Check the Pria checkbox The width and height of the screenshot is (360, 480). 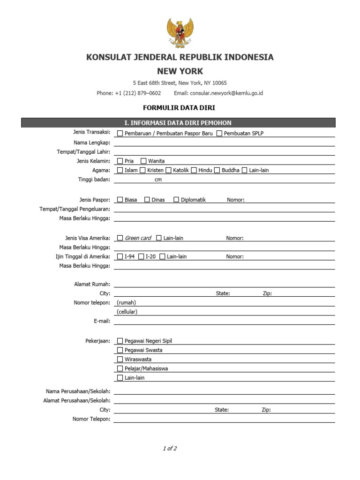120,161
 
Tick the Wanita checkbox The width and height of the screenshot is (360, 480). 144,161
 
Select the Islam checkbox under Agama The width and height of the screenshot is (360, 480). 120,170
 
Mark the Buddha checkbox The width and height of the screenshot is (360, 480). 217,170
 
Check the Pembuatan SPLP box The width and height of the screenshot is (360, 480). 219,133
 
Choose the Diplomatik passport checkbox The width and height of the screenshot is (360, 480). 176,200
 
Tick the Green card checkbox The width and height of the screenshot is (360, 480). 120,238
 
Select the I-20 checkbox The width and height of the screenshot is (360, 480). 141,256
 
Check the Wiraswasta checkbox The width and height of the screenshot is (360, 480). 120,359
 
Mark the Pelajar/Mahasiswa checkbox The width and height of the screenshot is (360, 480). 120,368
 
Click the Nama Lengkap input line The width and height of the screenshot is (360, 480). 224,142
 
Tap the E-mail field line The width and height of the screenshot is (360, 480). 224,321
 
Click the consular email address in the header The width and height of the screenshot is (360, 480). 225,93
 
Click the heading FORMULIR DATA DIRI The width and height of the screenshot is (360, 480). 180,108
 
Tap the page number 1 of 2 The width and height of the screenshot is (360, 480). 170,449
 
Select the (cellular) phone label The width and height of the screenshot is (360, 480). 127,312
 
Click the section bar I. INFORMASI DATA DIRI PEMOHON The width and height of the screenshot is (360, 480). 178,123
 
